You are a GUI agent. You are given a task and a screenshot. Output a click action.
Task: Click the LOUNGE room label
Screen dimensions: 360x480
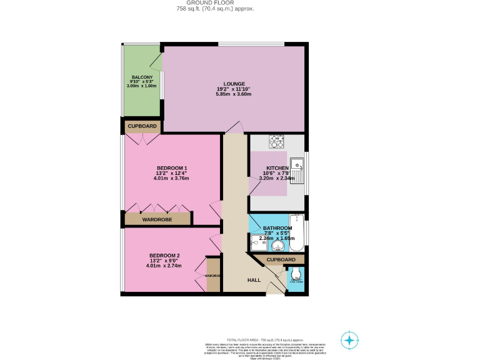pos(234,84)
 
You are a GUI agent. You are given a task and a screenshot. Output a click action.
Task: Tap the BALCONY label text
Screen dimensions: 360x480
pos(141,77)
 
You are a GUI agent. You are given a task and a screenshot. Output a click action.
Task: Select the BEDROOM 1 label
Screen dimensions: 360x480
pos(171,168)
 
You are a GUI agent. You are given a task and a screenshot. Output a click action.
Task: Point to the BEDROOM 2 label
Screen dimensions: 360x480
pos(164,256)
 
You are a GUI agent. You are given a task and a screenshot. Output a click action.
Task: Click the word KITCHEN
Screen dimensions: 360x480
pos(277,169)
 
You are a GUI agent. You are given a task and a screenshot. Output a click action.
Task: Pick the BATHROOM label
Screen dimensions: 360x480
pos(277,228)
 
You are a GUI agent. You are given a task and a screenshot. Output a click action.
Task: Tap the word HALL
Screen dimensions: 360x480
pos(254,280)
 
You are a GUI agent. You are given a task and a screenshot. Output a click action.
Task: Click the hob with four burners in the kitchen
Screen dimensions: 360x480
pos(277,142)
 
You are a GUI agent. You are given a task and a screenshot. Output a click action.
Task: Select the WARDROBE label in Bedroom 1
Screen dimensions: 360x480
pos(157,219)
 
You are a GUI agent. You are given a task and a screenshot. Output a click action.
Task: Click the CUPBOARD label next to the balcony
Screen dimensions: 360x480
pos(142,126)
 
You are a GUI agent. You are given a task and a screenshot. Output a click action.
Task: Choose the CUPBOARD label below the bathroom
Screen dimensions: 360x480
pos(281,259)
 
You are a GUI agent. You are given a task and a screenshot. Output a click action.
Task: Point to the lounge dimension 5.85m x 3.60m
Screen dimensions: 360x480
pos(234,94)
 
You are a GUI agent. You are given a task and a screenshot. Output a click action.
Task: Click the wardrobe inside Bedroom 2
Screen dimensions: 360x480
pos(213,275)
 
